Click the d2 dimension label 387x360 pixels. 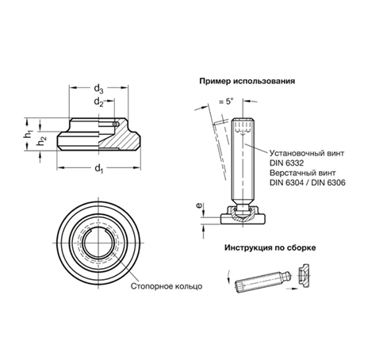(x=98, y=101)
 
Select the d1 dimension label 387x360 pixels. (x=98, y=169)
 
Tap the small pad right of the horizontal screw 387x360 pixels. (x=305, y=275)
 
